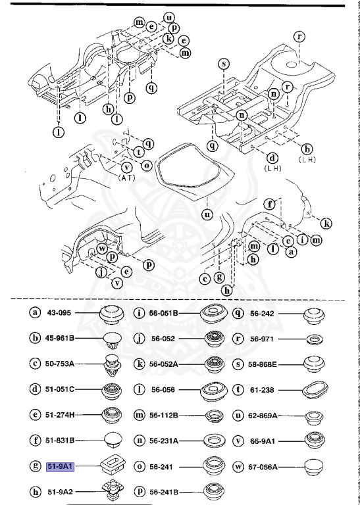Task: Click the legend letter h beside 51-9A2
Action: click(x=34, y=491)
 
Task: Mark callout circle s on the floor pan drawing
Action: click(x=224, y=64)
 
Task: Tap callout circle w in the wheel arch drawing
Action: click(x=102, y=249)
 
